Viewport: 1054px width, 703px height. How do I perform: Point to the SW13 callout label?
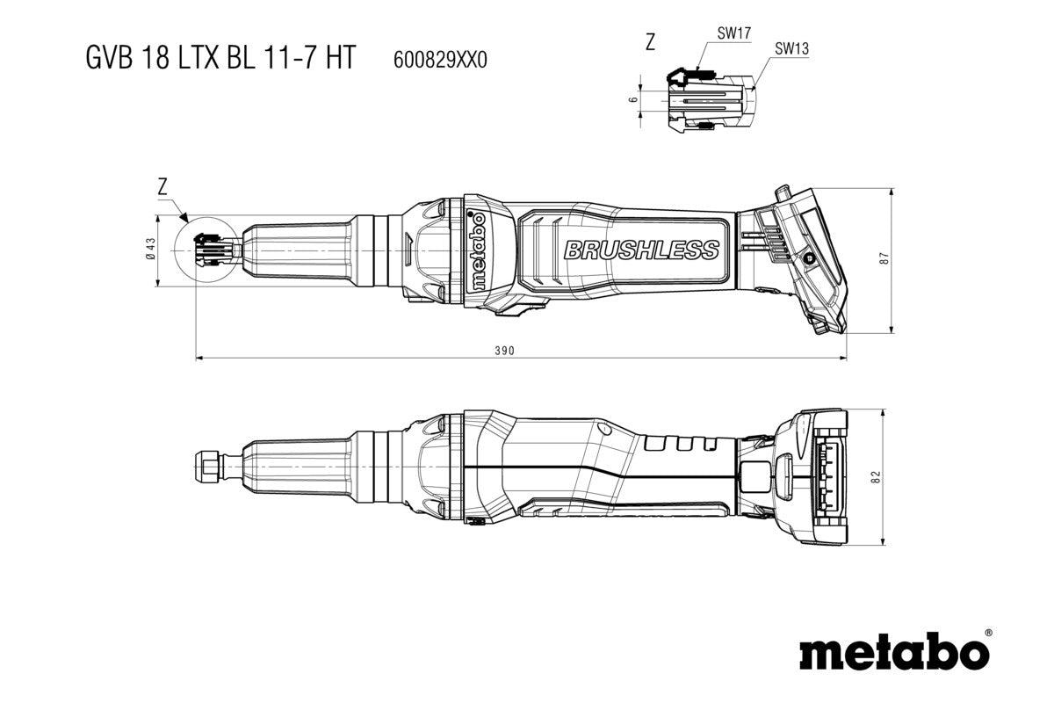(x=791, y=49)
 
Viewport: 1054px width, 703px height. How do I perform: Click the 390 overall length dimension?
(x=503, y=351)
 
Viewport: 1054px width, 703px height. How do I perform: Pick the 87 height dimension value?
(x=884, y=259)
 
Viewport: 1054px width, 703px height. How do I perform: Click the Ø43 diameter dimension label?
(x=149, y=250)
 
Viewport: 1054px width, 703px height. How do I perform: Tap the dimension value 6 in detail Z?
(x=633, y=100)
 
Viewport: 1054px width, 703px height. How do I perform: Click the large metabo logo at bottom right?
(x=894, y=653)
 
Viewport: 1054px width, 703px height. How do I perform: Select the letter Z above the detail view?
(x=650, y=42)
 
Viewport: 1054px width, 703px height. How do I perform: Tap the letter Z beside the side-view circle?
(x=162, y=186)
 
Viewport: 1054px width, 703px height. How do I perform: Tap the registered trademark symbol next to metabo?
(x=988, y=632)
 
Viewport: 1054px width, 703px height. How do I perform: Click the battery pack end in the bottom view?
(x=820, y=477)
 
